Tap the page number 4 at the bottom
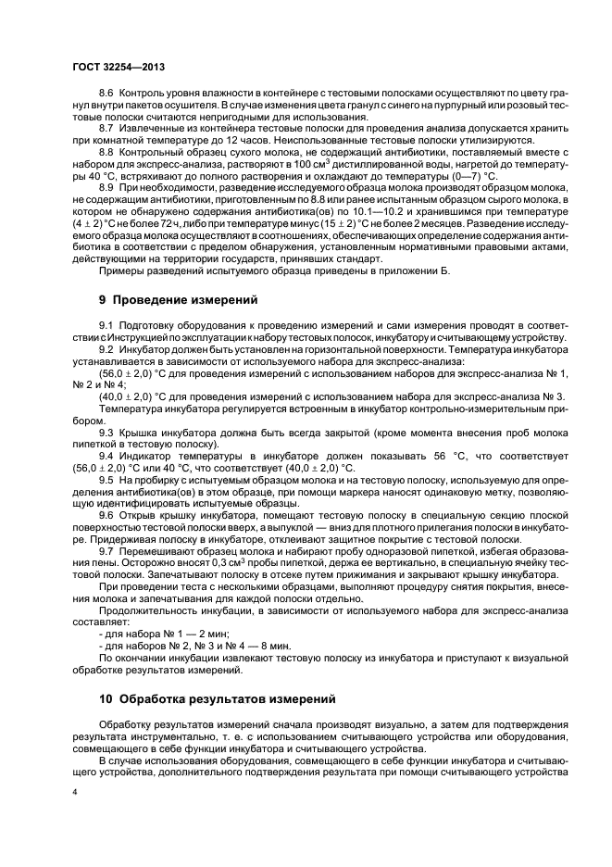tap(75, 792)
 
